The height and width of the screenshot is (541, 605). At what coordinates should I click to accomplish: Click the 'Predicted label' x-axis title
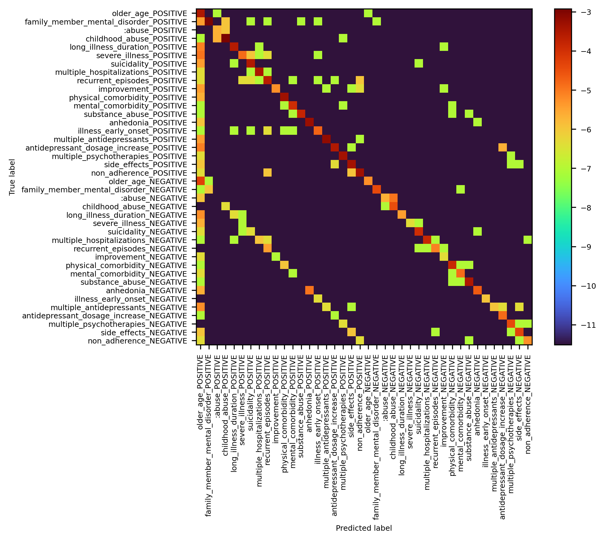click(364, 528)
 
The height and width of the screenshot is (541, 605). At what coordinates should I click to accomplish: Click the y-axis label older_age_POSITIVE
click(150, 14)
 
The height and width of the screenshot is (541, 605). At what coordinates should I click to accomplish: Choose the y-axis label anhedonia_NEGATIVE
click(146, 291)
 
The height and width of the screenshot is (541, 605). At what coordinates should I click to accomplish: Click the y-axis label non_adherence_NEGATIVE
click(137, 341)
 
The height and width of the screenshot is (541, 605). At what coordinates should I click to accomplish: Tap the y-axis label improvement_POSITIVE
click(143, 89)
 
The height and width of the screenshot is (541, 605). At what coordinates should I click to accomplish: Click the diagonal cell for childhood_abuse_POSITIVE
click(225, 39)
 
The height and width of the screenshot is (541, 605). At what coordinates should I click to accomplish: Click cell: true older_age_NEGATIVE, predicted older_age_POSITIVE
click(200, 181)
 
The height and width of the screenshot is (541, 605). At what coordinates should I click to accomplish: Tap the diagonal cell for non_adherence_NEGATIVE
click(528, 341)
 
